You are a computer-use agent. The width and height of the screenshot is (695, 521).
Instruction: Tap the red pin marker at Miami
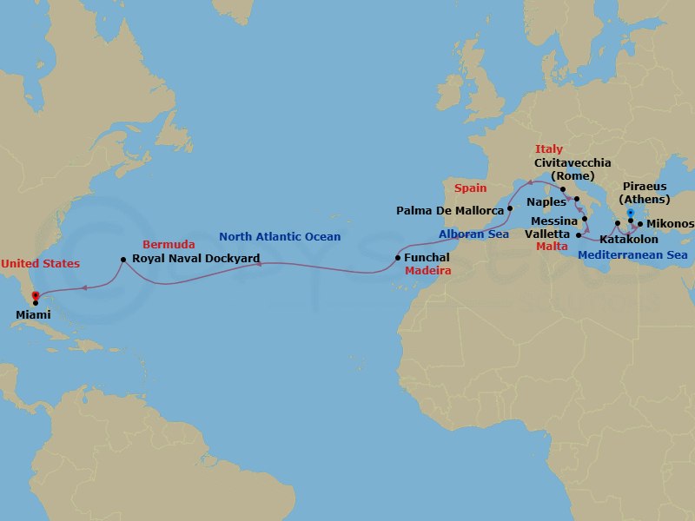point(36,297)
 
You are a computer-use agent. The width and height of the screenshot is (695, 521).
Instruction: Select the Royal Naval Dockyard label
point(195,259)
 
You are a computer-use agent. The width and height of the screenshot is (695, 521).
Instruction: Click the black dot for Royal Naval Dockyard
point(123,259)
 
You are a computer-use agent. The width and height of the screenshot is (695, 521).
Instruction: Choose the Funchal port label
point(427,258)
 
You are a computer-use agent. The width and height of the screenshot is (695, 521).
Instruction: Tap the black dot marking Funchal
point(398,258)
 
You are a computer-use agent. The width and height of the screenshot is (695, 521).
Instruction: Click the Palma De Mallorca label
point(450,210)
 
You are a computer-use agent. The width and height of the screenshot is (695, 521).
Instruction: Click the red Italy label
point(549,149)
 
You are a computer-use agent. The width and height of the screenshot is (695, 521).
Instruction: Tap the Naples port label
point(546,201)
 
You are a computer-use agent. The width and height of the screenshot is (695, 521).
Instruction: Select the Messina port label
point(553,221)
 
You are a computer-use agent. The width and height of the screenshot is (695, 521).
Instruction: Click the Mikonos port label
point(670,224)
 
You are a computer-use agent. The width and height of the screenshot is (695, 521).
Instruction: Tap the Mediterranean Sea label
point(632,255)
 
